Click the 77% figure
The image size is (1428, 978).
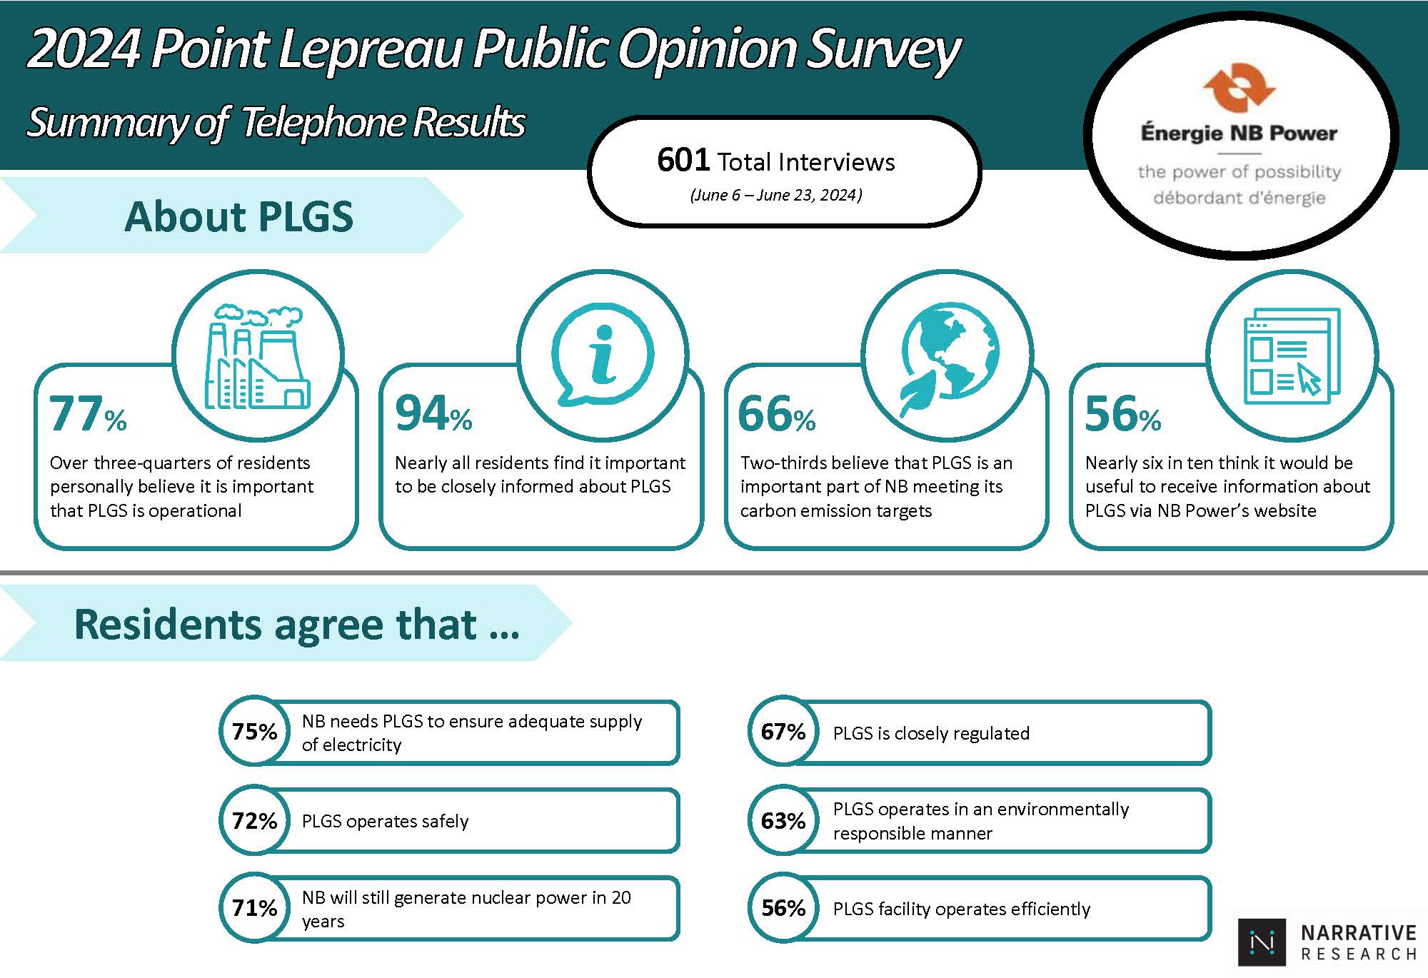(87, 415)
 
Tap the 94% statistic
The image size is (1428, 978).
(433, 415)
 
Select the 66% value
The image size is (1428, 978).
(776, 415)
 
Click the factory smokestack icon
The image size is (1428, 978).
(257, 357)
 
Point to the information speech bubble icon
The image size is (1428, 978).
(602, 355)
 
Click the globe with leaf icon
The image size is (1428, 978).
(947, 357)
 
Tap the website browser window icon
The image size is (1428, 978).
(1291, 356)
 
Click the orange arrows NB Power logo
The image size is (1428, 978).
(1239, 88)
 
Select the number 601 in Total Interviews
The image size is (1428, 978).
(683, 160)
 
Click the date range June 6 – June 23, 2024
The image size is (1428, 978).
(776, 195)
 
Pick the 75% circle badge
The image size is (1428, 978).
(254, 732)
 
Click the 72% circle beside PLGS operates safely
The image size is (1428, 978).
(254, 820)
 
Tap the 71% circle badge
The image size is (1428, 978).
(254, 908)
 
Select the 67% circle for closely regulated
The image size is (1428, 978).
(783, 732)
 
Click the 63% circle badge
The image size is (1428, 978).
(783, 820)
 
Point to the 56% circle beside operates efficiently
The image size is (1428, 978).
(783, 908)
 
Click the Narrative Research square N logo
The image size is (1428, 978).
(1262, 942)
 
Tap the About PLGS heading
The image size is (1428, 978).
(238, 216)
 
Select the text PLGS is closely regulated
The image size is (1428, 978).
(931, 733)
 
